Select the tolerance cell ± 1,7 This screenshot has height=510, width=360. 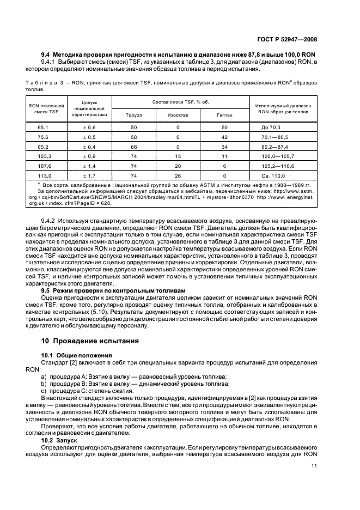click(x=88, y=176)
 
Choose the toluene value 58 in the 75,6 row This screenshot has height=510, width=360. click(x=133, y=136)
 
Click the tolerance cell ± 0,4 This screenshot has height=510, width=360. click(x=88, y=146)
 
